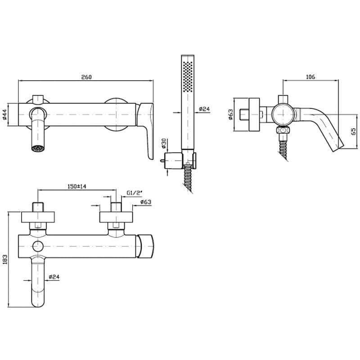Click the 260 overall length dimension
click(x=86, y=77)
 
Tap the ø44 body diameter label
click(x=4, y=114)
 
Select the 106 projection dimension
click(x=310, y=76)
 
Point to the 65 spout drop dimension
click(x=354, y=131)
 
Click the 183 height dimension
click(x=4, y=259)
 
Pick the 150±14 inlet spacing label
click(x=77, y=186)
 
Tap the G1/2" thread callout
click(x=134, y=193)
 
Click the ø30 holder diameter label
click(x=163, y=143)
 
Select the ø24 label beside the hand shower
click(x=204, y=109)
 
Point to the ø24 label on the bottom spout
click(x=54, y=277)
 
